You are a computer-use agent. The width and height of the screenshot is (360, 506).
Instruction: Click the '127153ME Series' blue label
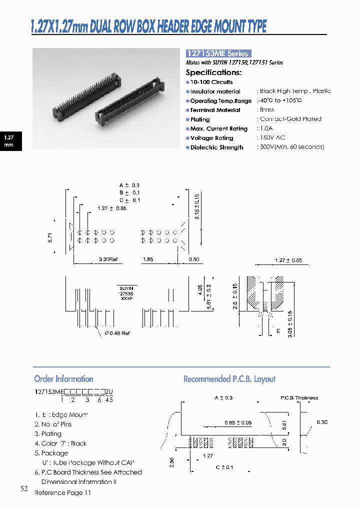click(x=217, y=53)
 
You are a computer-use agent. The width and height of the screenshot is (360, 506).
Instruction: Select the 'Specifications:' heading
click(x=213, y=72)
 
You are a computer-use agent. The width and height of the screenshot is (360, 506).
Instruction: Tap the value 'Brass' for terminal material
click(x=266, y=109)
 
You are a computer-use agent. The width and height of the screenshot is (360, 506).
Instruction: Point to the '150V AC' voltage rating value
click(x=272, y=137)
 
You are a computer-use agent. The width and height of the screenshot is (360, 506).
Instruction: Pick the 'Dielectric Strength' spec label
click(x=216, y=147)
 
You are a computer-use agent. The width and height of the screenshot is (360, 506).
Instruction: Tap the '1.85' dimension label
click(x=148, y=259)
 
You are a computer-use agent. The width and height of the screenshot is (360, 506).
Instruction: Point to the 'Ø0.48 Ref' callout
click(x=117, y=333)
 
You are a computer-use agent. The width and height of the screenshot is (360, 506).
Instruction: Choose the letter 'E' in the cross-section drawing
click(x=278, y=330)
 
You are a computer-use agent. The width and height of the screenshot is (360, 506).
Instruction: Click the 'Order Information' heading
click(x=63, y=379)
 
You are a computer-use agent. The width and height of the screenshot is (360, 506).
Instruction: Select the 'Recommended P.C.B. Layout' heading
click(x=229, y=379)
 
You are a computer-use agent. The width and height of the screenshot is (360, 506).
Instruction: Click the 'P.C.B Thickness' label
click(x=299, y=398)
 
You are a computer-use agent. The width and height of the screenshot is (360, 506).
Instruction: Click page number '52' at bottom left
click(x=24, y=489)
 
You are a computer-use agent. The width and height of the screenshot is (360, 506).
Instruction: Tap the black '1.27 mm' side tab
click(x=9, y=140)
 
